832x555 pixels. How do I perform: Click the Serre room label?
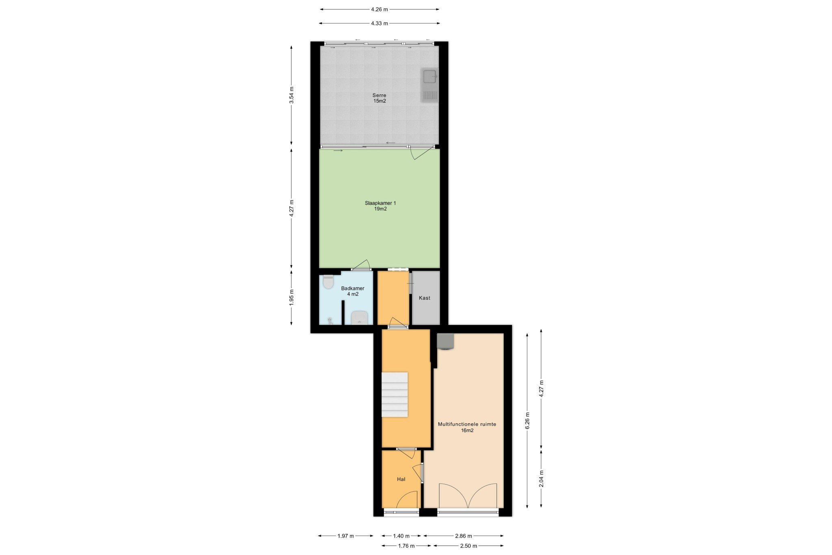coord(379,98)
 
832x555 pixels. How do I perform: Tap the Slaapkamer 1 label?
coord(380,206)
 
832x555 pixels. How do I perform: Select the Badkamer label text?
coord(353,291)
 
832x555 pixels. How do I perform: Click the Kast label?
coord(425,298)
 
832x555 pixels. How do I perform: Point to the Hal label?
coord(401,479)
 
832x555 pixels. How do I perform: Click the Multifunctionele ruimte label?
coord(467,427)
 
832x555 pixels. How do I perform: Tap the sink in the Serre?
coord(429,85)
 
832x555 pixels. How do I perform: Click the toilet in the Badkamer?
coord(328,281)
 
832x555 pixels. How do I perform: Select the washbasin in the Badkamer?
coord(359,318)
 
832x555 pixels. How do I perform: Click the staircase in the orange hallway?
coord(394,394)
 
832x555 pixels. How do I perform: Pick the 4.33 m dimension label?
coord(379,23)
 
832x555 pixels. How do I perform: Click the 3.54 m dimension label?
coord(291,95)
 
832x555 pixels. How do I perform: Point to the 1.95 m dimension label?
coord(291,297)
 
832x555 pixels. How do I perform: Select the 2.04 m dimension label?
coord(541,479)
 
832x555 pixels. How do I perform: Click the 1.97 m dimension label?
coord(346,536)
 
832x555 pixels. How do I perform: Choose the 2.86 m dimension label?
coord(464,536)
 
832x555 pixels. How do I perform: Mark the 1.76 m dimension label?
coord(406,546)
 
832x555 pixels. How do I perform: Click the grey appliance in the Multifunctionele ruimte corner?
coord(445,342)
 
